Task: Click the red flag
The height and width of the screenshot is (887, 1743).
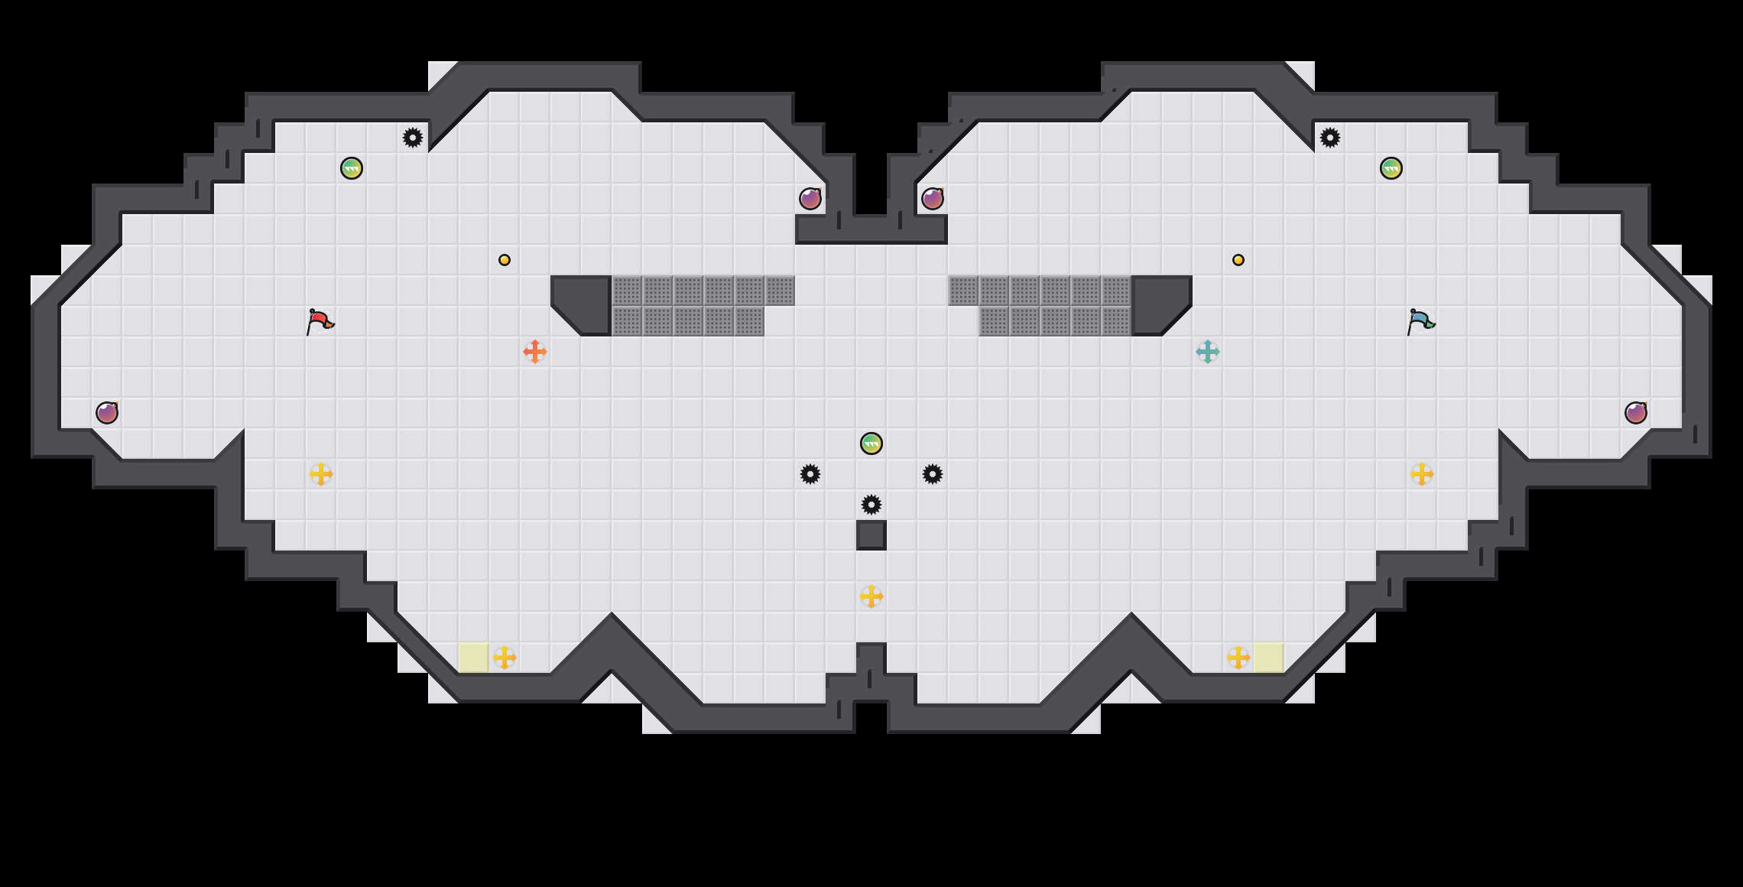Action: coord(320,321)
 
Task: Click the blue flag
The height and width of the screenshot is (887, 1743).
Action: coord(1420,321)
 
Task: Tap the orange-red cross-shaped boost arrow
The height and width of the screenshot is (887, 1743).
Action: coord(535,352)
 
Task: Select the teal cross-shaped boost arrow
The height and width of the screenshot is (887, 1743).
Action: coord(1208,352)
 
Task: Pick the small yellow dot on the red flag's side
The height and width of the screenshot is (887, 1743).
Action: coord(505,260)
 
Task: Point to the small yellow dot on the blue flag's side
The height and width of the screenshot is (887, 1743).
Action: coord(1238,260)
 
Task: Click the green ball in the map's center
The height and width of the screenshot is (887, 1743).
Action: coord(871,443)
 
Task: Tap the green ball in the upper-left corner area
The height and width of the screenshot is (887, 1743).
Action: coord(352,168)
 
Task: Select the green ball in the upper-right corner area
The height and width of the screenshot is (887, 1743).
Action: coord(1391,168)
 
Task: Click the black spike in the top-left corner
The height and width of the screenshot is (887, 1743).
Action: coord(413,138)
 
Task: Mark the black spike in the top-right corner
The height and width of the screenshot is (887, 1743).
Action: coord(1330,138)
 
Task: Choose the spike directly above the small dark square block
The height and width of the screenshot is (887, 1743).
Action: coord(871,505)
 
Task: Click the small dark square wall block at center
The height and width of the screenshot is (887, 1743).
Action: coord(871,535)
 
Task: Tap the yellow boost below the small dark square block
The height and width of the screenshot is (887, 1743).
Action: coord(871,596)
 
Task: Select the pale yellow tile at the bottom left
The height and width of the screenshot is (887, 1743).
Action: coord(474,658)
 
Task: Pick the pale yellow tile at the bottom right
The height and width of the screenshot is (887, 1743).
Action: coord(1269,658)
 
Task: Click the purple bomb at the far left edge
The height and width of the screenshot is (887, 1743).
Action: coord(107,413)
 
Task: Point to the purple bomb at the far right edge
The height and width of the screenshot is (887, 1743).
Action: coord(1636,413)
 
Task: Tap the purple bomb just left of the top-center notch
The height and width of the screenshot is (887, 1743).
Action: coord(810,199)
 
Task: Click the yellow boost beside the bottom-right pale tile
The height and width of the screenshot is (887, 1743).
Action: coord(1238,658)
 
